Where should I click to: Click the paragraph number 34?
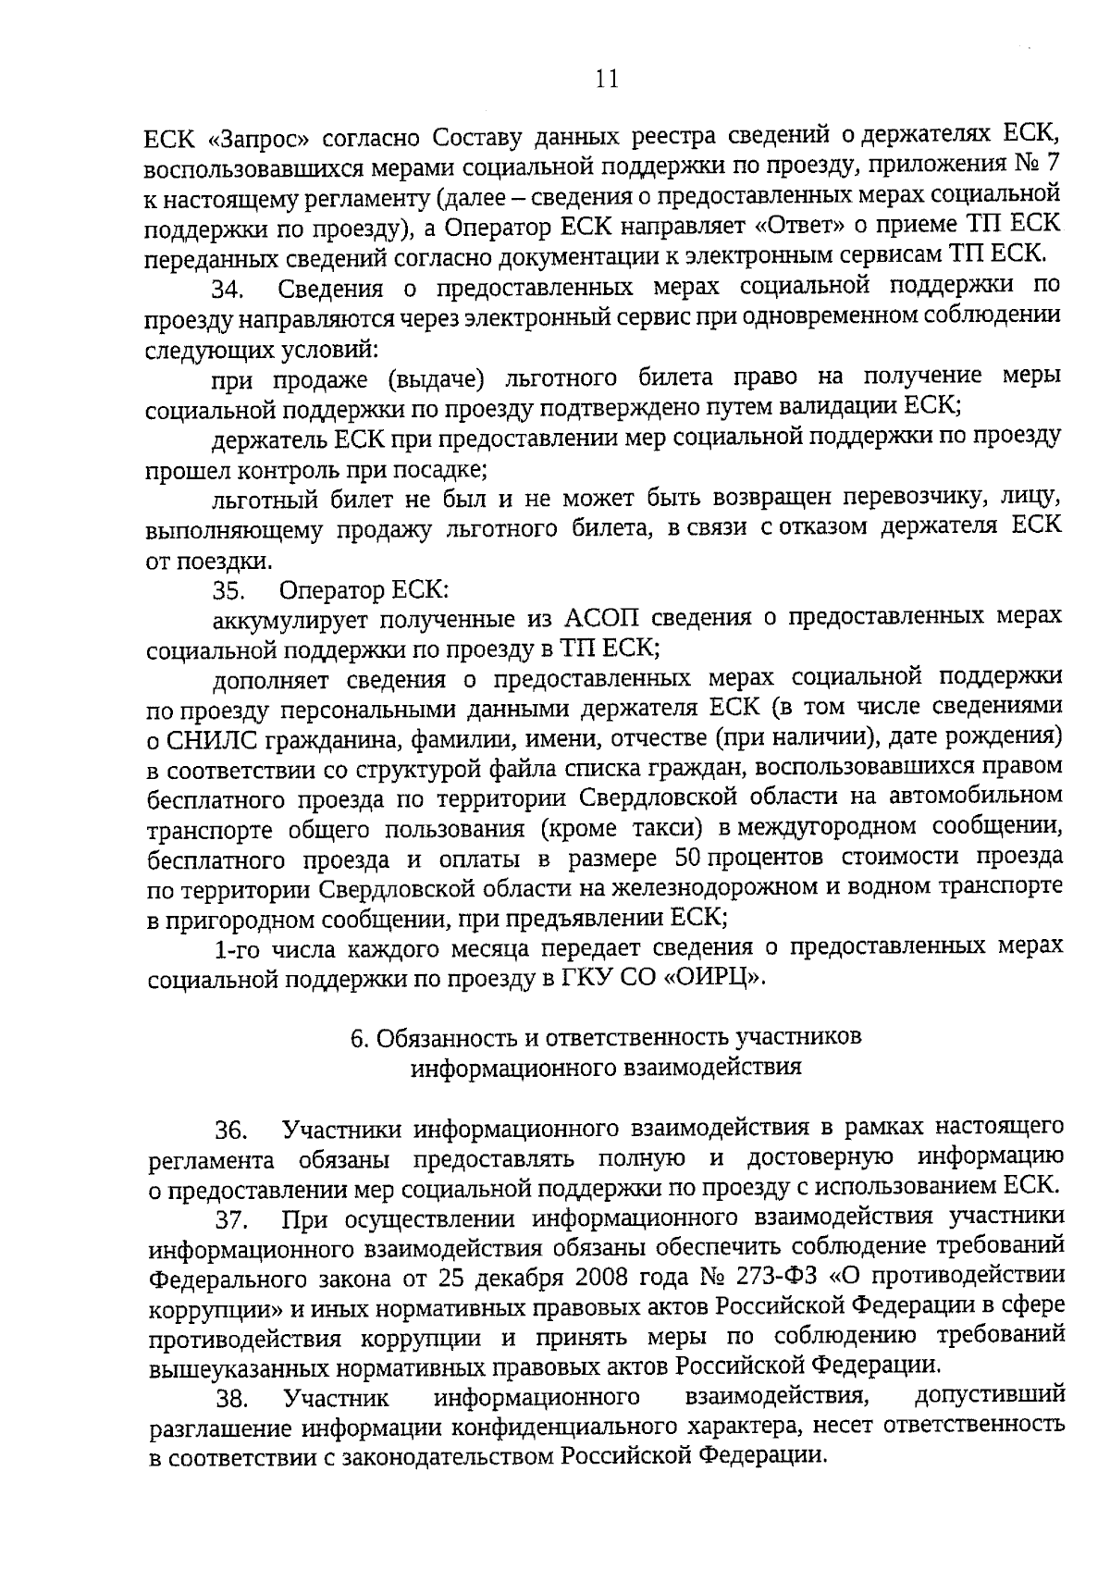point(228,290)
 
